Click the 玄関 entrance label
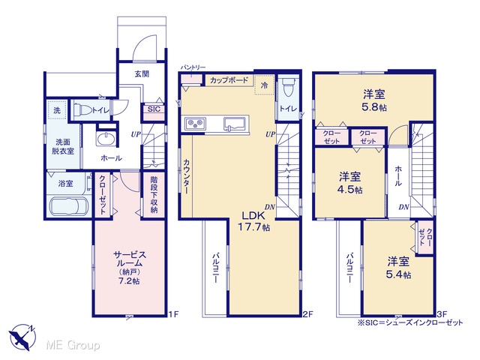point(142,73)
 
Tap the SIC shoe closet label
point(154,109)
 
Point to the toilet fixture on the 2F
point(289,88)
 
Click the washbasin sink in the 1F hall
point(106,138)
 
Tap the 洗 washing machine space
point(57,110)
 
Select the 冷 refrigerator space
point(264,85)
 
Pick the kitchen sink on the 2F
point(235,124)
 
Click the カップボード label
point(229,80)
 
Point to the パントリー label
point(193,67)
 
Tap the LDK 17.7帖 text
point(253,221)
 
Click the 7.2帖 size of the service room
point(129,280)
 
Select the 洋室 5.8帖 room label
point(374,100)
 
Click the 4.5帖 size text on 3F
point(350,190)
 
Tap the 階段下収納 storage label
point(154,194)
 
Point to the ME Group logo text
point(73,345)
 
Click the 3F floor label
point(442,314)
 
